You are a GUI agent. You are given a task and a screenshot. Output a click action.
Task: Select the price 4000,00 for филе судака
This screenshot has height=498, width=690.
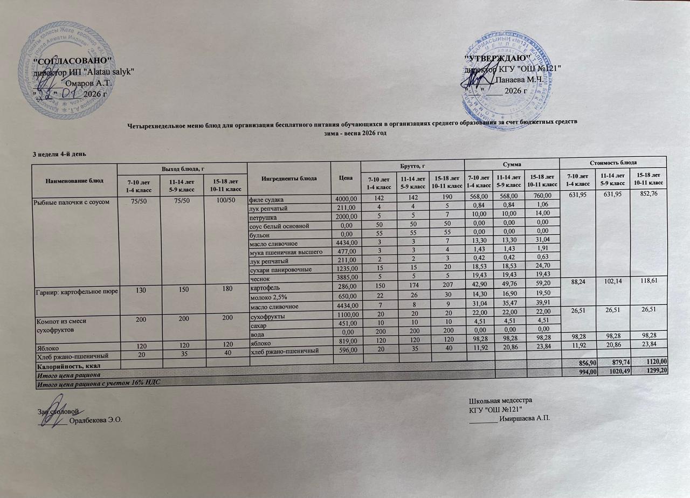pyautogui.click(x=346, y=199)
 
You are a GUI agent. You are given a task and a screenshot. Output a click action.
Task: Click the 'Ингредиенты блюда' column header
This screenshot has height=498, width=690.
pyautogui.click(x=289, y=178)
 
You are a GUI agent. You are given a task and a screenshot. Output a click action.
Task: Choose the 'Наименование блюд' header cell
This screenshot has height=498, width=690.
pyautogui.click(x=75, y=178)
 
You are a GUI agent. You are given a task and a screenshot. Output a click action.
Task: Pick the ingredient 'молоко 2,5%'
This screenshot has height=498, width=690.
pyautogui.click(x=267, y=297)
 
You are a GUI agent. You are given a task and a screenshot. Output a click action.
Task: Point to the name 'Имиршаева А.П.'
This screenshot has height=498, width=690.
pyautogui.click(x=526, y=419)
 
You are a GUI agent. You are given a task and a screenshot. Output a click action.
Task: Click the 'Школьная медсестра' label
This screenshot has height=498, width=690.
pyautogui.click(x=501, y=402)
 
